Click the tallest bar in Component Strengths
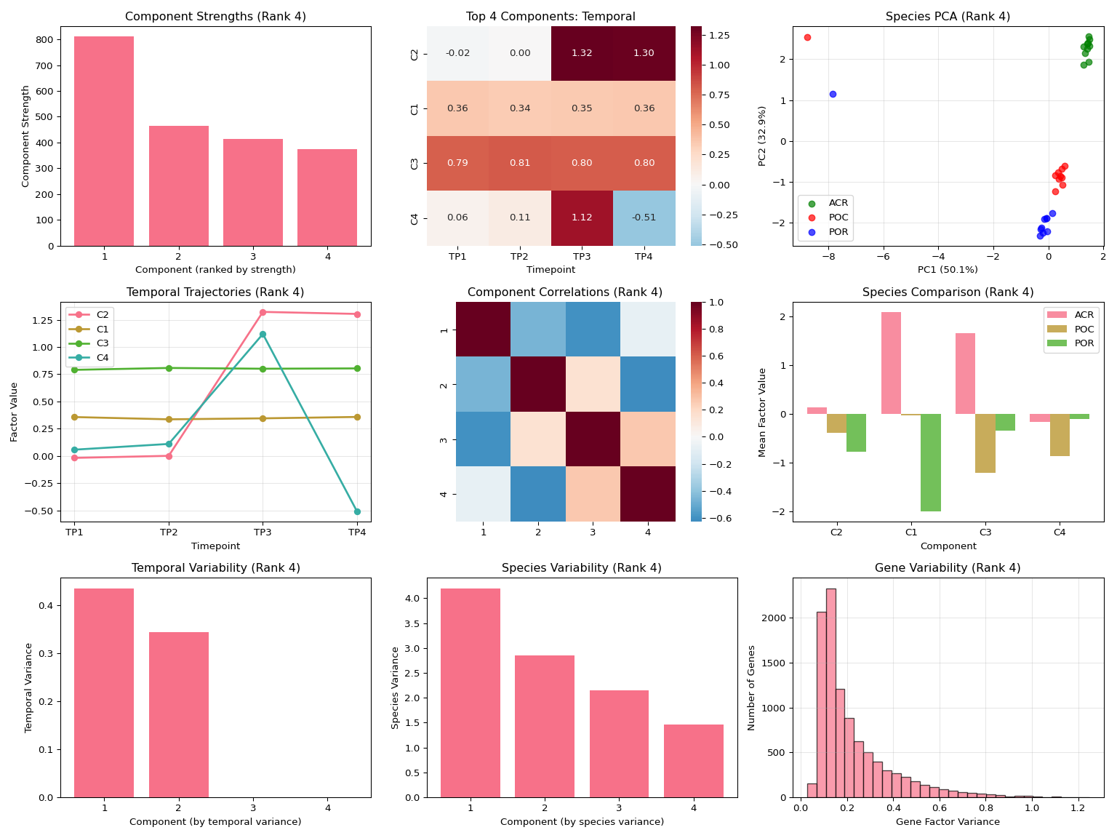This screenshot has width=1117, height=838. coord(104,141)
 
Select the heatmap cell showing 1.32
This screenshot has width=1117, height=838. coord(582,53)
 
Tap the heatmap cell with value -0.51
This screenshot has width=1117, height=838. coord(644,218)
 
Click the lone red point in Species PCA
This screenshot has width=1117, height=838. coord(807,37)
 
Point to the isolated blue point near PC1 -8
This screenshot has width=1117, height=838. coord(833,94)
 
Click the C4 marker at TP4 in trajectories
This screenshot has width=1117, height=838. coord(357,511)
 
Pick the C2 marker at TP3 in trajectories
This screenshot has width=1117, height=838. coord(263,312)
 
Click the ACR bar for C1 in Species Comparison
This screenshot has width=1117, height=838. coord(891,363)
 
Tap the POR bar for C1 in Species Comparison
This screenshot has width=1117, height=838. coord(931,463)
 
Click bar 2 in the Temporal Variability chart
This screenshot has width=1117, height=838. coord(179,714)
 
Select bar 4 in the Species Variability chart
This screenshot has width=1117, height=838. coord(694,761)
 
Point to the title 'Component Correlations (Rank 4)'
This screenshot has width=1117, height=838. coord(565,292)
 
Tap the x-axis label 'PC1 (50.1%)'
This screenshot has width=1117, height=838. coord(948,270)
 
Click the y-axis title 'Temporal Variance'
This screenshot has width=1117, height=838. coord(29,687)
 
